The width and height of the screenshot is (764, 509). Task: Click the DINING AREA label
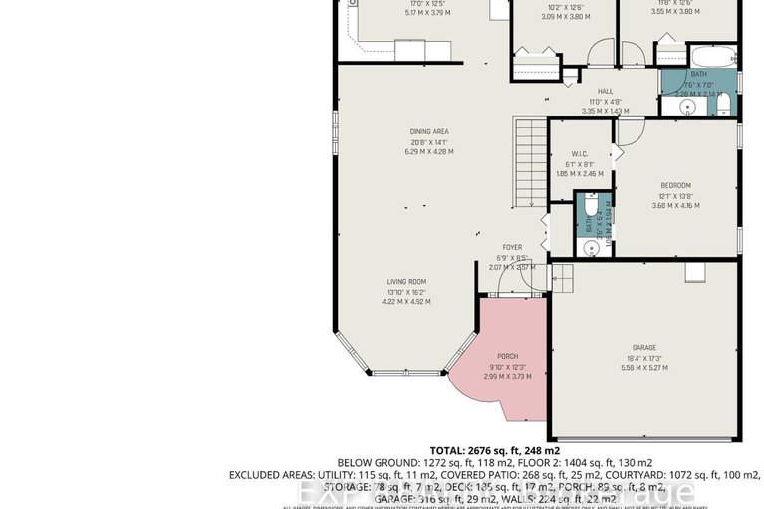pyautogui.click(x=429, y=131)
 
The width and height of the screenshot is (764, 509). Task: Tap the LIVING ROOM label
pyautogui.click(x=406, y=281)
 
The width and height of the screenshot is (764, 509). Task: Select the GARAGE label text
pyautogui.click(x=642, y=348)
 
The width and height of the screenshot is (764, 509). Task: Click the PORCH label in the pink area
pyautogui.click(x=508, y=356)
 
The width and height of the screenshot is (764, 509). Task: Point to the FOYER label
pyautogui.click(x=512, y=247)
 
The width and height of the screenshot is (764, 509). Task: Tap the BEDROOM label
pyautogui.click(x=676, y=185)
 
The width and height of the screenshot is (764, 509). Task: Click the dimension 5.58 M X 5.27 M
pyautogui.click(x=642, y=368)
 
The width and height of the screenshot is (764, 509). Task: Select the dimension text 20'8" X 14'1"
pyautogui.click(x=429, y=141)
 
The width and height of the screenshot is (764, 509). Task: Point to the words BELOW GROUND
pyautogui.click(x=371, y=462)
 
